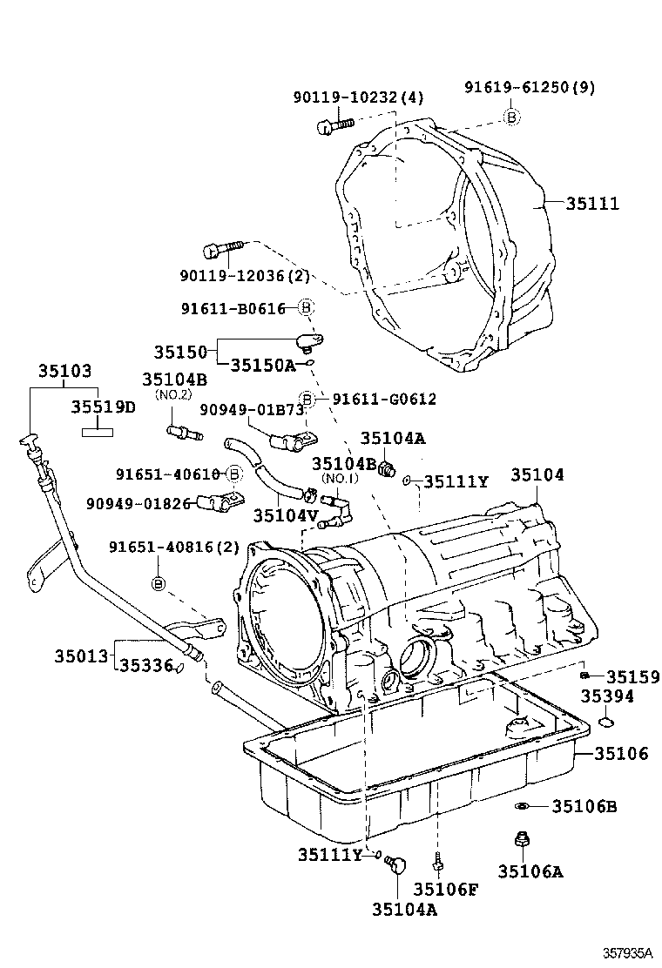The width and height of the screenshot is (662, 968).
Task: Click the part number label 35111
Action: (592, 204)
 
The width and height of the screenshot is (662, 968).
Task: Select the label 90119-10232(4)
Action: (357, 97)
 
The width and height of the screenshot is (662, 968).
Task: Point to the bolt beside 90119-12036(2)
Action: (218, 251)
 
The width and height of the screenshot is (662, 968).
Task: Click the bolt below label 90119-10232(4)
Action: (332, 126)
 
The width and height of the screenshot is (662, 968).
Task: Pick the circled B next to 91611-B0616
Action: (306, 307)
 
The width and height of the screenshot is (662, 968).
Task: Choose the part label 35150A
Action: (263, 366)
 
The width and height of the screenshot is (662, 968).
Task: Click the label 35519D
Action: (103, 407)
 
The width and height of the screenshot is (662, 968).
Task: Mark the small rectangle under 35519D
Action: (98, 429)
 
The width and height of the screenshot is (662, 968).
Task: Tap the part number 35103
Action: (64, 370)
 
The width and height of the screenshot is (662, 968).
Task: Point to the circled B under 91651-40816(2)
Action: (159, 582)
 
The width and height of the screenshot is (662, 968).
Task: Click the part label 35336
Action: (145, 665)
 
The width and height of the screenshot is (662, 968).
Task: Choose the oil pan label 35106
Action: (621, 753)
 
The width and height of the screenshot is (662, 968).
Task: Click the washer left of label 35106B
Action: (520, 806)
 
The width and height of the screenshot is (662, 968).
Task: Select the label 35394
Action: (607, 696)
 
